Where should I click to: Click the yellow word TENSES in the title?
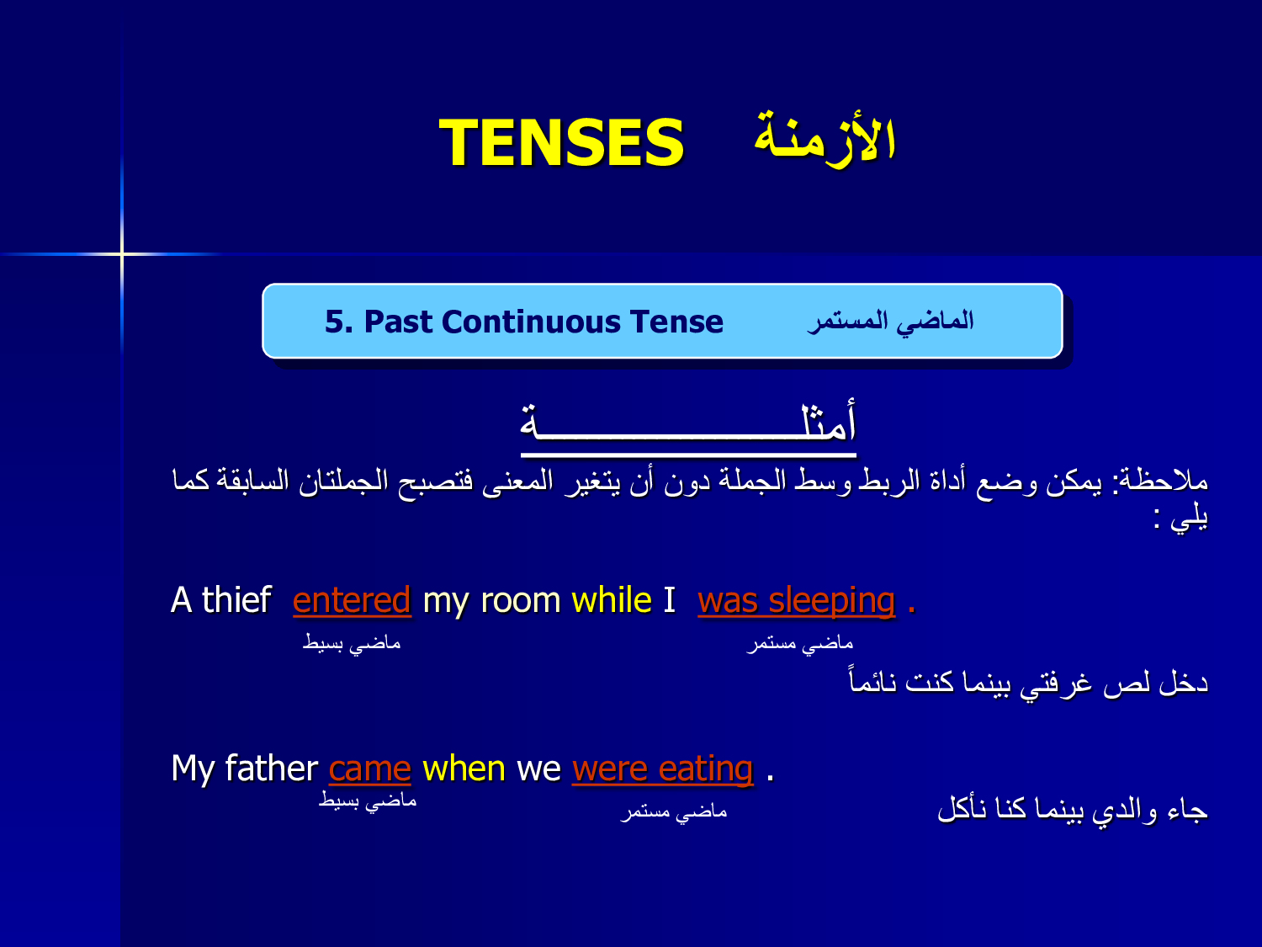[x=561, y=142]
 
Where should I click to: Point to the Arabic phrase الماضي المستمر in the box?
[x=890, y=322]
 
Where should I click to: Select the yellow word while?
[x=611, y=599]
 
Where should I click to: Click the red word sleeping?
[x=832, y=601]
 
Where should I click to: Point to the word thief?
[x=236, y=599]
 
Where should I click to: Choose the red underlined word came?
[x=369, y=769]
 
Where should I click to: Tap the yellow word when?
[x=464, y=769]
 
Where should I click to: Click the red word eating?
[x=705, y=769]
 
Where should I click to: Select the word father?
[x=272, y=768]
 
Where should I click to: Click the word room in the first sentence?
[x=520, y=601]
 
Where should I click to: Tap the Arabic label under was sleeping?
[x=800, y=644]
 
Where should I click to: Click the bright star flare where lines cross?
[x=122, y=253]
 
